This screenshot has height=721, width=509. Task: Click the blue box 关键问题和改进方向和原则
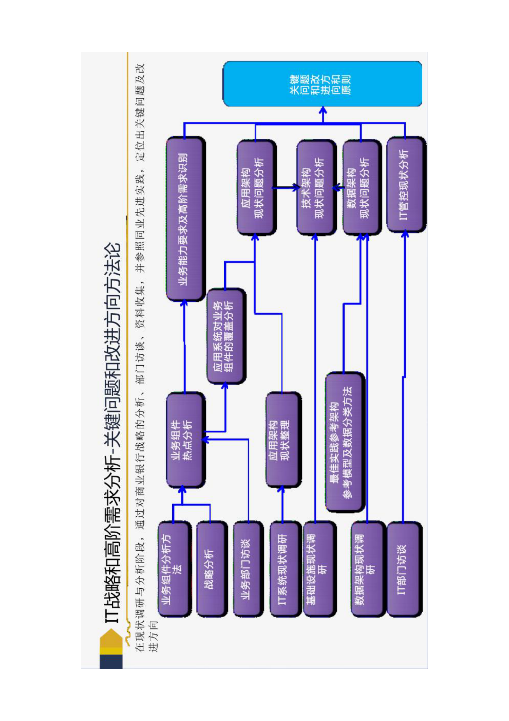[x=322, y=84]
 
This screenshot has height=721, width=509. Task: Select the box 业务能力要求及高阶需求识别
[x=185, y=219]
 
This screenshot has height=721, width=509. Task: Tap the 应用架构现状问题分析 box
[x=256, y=187]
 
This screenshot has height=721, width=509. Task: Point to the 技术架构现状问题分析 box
[x=316, y=187]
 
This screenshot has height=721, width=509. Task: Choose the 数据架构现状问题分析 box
[x=361, y=187]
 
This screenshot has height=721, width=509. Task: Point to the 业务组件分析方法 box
[x=174, y=569]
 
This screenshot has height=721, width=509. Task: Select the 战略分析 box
[x=211, y=569]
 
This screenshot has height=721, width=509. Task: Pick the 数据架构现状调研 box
[x=367, y=569]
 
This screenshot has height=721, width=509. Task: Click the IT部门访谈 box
[x=404, y=569]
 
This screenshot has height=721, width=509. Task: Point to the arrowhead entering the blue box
[x=323, y=110]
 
